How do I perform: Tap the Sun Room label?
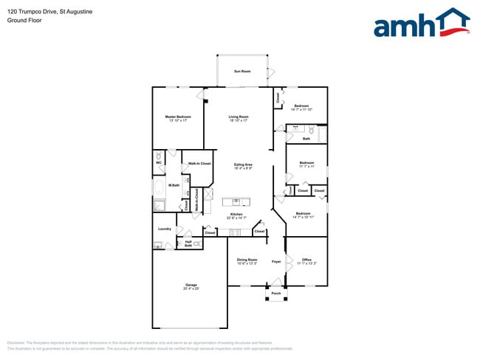coord(242,72)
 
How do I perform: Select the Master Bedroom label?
coord(178,117)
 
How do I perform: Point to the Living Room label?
coord(238,117)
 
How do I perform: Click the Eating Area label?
coord(244,165)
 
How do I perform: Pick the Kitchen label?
coord(236,215)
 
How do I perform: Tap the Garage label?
coord(191,285)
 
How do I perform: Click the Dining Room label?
coord(247,260)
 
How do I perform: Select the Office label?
coord(306,260)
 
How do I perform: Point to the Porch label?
coord(276,293)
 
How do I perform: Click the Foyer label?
coord(276,261)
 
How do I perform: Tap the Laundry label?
coord(164,229)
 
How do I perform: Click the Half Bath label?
coord(188,243)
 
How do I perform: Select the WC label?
coord(159,163)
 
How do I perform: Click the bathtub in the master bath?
coord(160,188)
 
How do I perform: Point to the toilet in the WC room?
coord(159,155)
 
